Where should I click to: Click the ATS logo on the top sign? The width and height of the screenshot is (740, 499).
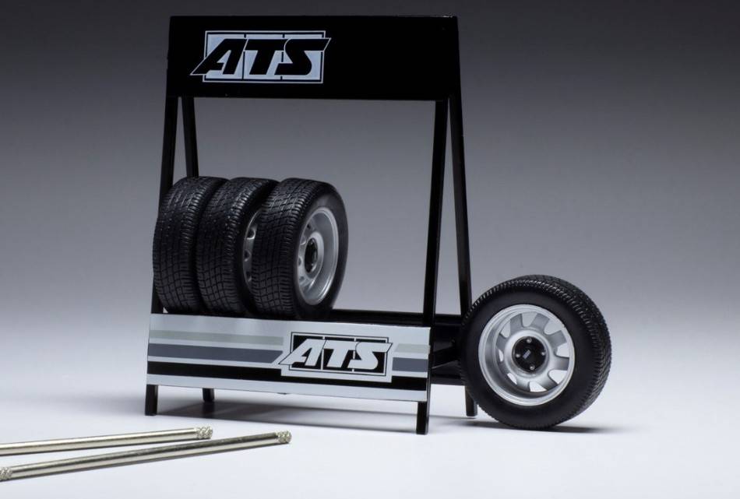coord(261,57)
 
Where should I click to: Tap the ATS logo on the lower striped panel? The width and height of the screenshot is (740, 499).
coord(336,354)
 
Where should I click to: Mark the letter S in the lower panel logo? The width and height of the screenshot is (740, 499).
coord(369,355)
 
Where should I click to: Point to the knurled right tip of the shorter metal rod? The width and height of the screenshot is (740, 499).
coord(205,433)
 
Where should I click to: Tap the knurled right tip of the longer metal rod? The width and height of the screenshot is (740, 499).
coord(284,438)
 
